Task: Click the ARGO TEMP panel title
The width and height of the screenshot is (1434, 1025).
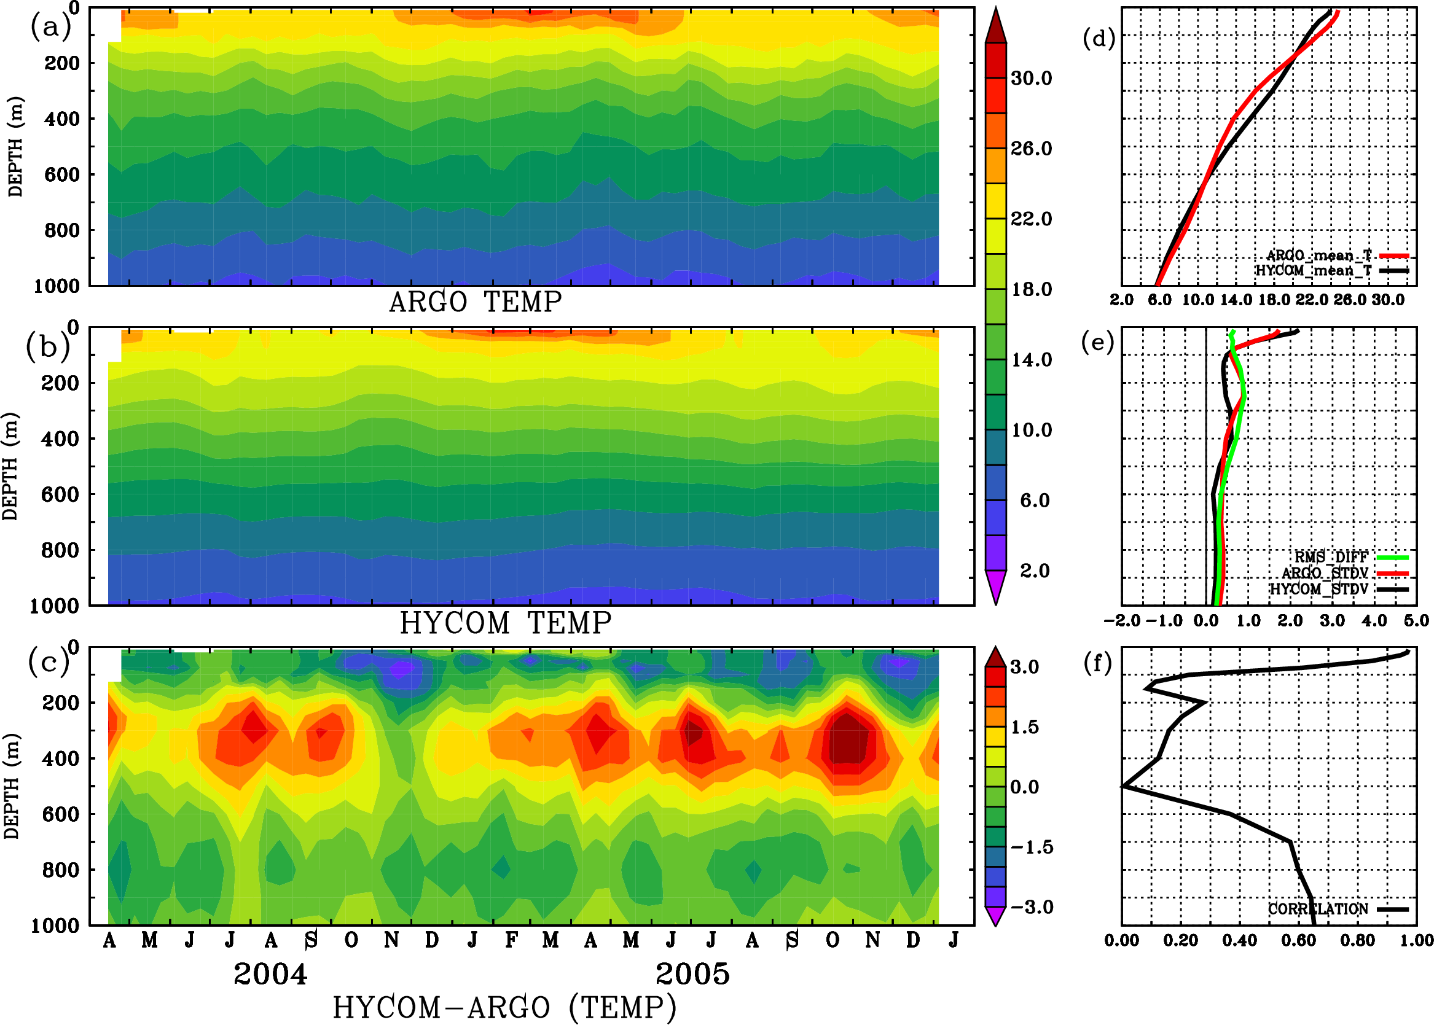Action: (x=475, y=302)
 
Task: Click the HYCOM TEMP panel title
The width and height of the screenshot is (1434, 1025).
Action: (x=506, y=623)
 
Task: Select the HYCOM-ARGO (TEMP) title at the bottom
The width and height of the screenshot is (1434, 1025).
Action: (x=504, y=1007)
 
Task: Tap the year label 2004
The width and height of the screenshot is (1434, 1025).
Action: (x=270, y=974)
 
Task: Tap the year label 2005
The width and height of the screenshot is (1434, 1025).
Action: (x=692, y=974)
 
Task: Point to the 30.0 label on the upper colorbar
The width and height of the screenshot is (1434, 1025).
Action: (x=1031, y=78)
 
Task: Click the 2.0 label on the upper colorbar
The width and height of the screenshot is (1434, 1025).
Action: (x=1035, y=571)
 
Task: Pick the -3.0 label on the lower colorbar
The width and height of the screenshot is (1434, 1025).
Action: (x=1032, y=907)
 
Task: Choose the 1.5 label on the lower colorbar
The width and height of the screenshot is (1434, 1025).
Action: (x=1024, y=727)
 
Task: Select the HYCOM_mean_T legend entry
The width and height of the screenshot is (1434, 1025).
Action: (x=1314, y=271)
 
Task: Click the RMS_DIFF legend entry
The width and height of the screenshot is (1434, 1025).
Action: (x=1331, y=557)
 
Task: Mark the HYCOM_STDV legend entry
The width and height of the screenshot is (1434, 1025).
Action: (x=1319, y=589)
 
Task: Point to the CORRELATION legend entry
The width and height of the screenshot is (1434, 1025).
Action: (x=1318, y=909)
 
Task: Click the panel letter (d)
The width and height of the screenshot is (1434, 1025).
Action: (x=1099, y=39)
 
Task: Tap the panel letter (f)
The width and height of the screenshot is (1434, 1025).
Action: (x=1097, y=663)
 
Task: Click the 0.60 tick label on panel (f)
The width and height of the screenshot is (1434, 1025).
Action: (x=1298, y=940)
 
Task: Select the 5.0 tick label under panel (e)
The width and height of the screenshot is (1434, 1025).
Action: (x=1416, y=620)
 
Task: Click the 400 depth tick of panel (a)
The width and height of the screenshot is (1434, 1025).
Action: (x=61, y=119)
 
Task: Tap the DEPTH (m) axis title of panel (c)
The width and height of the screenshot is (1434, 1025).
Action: (x=11, y=785)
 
